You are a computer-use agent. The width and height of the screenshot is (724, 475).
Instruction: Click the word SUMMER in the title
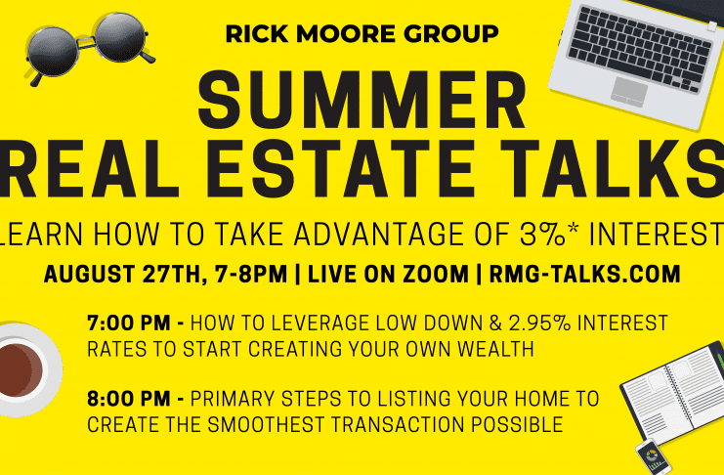[x=362, y=101]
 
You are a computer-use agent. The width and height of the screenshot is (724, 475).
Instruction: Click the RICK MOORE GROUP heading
[x=362, y=34]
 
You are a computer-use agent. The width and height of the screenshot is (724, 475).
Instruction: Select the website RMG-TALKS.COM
[x=584, y=274]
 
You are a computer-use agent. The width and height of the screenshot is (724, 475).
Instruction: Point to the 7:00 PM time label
[x=129, y=323]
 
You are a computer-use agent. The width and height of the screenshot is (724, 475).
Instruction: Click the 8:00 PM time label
[x=129, y=399]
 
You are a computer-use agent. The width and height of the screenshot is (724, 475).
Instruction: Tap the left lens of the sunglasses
[x=52, y=51]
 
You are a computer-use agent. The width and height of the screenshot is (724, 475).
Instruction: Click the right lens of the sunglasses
[x=120, y=37]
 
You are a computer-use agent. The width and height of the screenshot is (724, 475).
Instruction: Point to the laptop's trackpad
[x=629, y=92]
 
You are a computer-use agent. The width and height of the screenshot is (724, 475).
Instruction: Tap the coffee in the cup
[x=20, y=370]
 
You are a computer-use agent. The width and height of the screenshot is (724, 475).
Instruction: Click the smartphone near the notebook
[x=652, y=457]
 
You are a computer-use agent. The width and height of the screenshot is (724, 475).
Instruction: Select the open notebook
[x=675, y=392]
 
